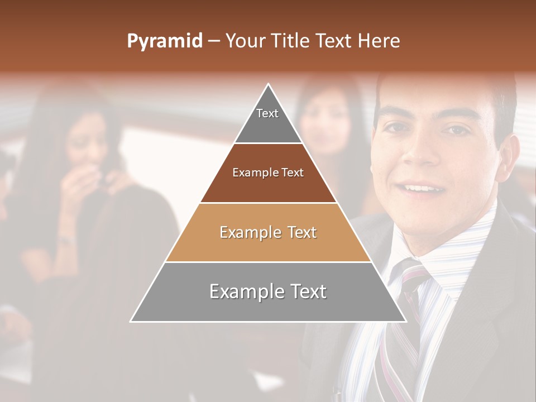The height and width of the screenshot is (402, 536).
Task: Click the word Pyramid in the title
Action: [x=164, y=41]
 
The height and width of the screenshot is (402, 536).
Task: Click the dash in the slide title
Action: [x=214, y=41]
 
